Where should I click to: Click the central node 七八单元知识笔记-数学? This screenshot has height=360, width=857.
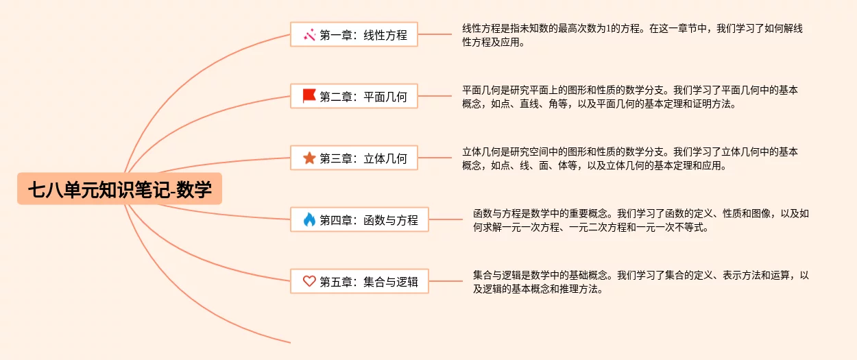120,189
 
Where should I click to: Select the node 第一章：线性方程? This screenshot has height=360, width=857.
354,34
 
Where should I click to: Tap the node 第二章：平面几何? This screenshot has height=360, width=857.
354,96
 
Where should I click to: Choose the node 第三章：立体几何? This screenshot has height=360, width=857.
354,158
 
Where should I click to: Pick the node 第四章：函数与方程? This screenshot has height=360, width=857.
359,220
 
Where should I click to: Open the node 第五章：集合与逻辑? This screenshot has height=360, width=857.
359,281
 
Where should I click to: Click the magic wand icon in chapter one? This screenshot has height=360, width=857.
309,34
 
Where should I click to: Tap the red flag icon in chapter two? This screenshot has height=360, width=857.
309,96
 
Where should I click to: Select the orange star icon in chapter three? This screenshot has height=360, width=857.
309,158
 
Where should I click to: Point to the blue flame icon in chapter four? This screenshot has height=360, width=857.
309,220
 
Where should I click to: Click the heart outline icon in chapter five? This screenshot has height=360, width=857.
309,281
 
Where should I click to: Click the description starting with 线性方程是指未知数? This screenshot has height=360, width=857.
632,35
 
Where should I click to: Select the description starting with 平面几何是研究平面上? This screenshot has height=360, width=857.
629,97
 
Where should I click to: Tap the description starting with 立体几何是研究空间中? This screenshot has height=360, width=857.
629,158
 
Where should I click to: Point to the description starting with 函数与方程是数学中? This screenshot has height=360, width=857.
640,220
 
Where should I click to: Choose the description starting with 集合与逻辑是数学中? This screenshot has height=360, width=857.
640,282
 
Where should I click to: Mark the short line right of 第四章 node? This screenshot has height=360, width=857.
446,220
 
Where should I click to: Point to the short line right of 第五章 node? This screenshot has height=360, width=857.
446,281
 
